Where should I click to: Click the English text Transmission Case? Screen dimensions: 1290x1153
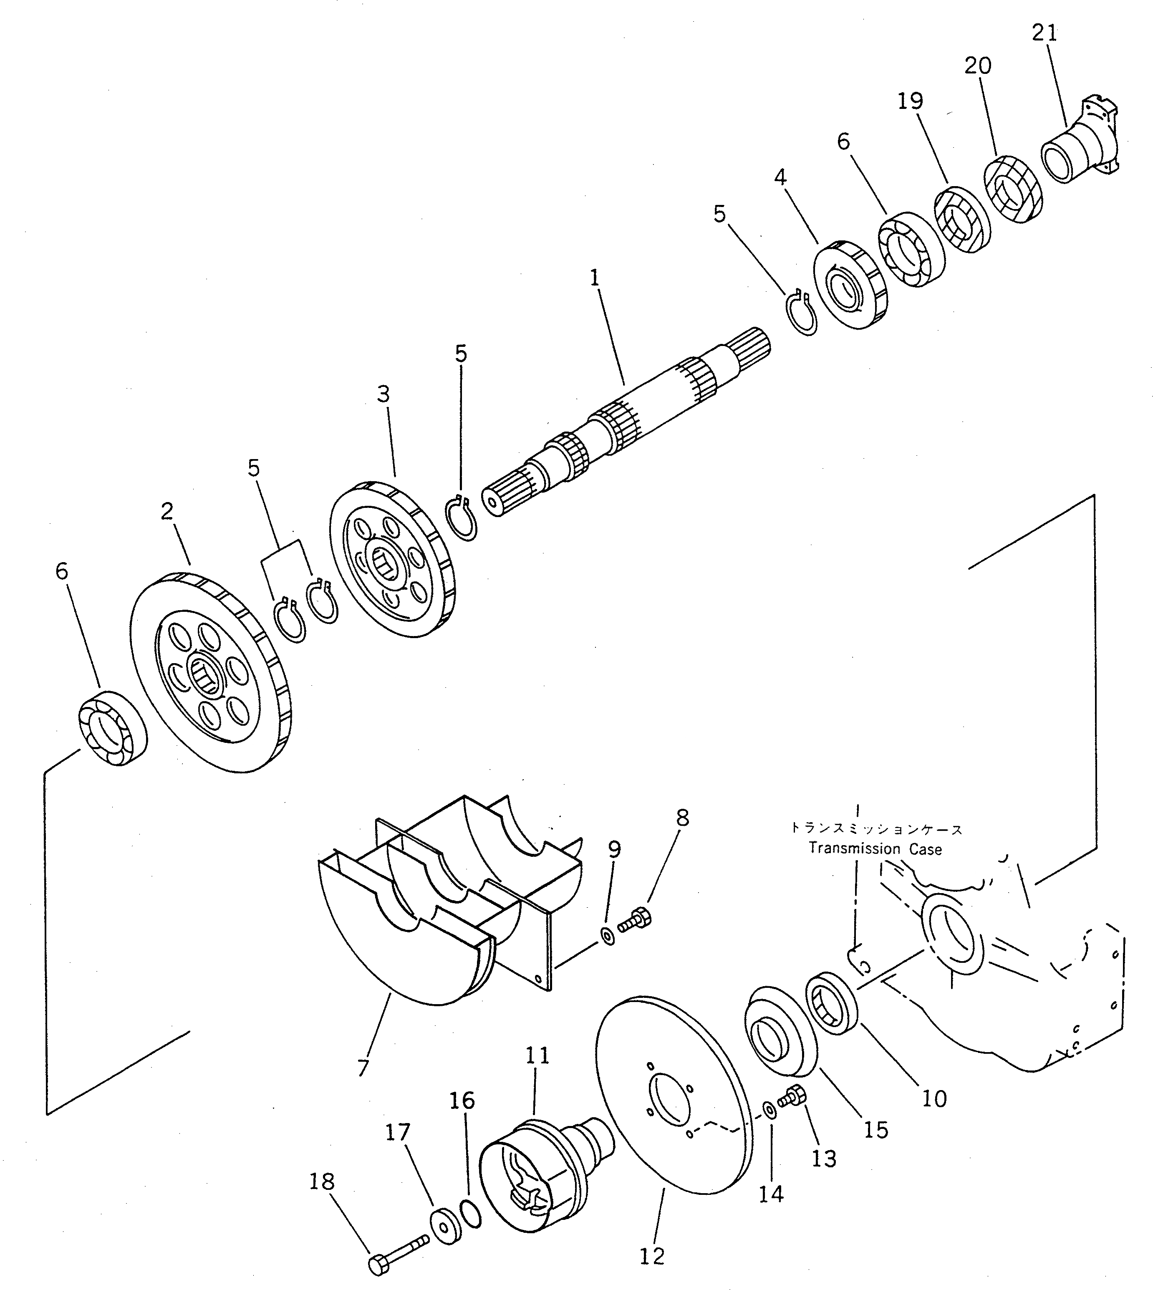[875, 849]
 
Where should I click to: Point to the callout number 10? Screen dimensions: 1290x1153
[934, 1098]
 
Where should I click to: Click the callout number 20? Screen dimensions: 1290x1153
[977, 66]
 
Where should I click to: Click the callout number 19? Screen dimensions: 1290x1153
[911, 101]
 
